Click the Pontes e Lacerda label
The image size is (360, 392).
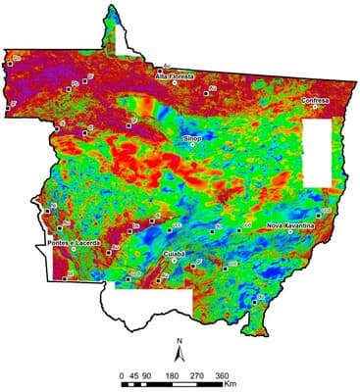point(72,242)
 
